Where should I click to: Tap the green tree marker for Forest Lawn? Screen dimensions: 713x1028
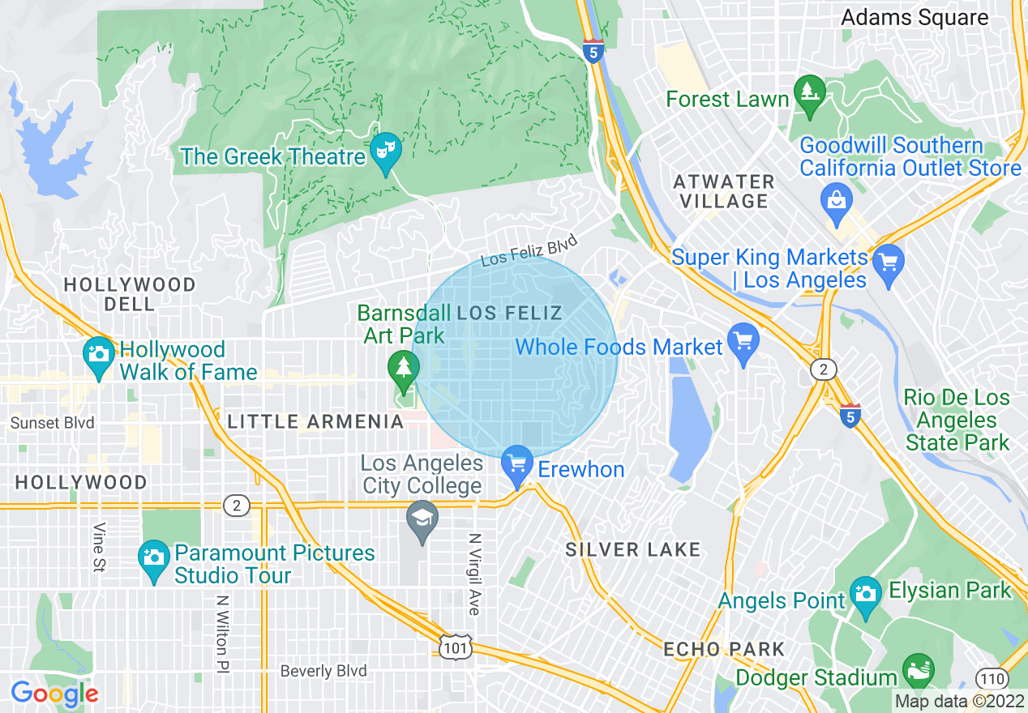pos(809,91)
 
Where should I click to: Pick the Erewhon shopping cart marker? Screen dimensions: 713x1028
pos(517,465)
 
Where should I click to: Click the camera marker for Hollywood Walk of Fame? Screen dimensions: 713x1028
pos(99,355)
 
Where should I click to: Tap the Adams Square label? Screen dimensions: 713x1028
pos(914,17)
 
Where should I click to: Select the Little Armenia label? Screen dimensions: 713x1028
pos(315,421)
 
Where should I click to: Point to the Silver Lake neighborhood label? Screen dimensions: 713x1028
pos(632,549)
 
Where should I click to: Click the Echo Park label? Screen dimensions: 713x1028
pos(724,649)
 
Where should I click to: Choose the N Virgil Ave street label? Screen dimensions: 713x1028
pos(474,574)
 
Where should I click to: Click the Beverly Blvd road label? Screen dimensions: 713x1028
pos(323,671)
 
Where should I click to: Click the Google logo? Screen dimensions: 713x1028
pos(54,694)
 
